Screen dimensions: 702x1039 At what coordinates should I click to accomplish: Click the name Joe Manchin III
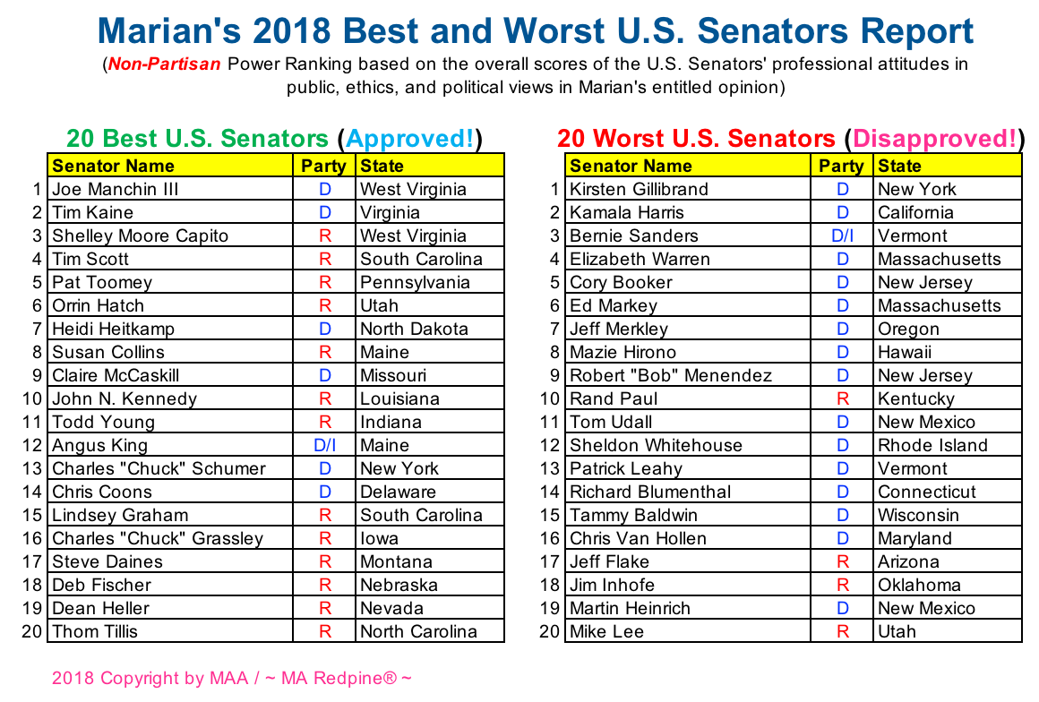[116, 189]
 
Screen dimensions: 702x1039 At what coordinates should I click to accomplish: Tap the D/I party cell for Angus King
[324, 445]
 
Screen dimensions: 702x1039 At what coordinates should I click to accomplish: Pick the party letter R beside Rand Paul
[842, 398]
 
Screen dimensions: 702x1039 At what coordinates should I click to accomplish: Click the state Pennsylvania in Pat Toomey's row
[415, 282]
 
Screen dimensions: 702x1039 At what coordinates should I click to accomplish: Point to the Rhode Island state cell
[932, 445]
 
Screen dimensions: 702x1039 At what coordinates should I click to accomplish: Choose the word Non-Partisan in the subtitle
[164, 64]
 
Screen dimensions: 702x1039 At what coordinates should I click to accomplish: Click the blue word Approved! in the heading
[410, 139]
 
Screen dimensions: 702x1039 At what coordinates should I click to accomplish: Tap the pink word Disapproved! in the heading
[934, 139]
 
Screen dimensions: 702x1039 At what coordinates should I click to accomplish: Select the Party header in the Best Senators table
[323, 166]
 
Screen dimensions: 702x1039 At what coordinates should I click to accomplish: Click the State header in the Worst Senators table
[899, 166]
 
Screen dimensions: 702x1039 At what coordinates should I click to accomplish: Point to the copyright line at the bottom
[232, 678]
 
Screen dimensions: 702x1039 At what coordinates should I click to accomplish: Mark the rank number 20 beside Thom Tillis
[32, 631]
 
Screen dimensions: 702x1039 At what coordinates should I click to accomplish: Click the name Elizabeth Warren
[640, 259]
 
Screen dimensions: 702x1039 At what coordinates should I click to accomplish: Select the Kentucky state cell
[916, 398]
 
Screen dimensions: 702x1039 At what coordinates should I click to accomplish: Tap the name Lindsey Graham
[120, 515]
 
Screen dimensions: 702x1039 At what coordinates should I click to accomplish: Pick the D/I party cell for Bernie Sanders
[842, 235]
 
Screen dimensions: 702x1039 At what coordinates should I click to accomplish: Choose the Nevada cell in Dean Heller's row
[391, 608]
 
